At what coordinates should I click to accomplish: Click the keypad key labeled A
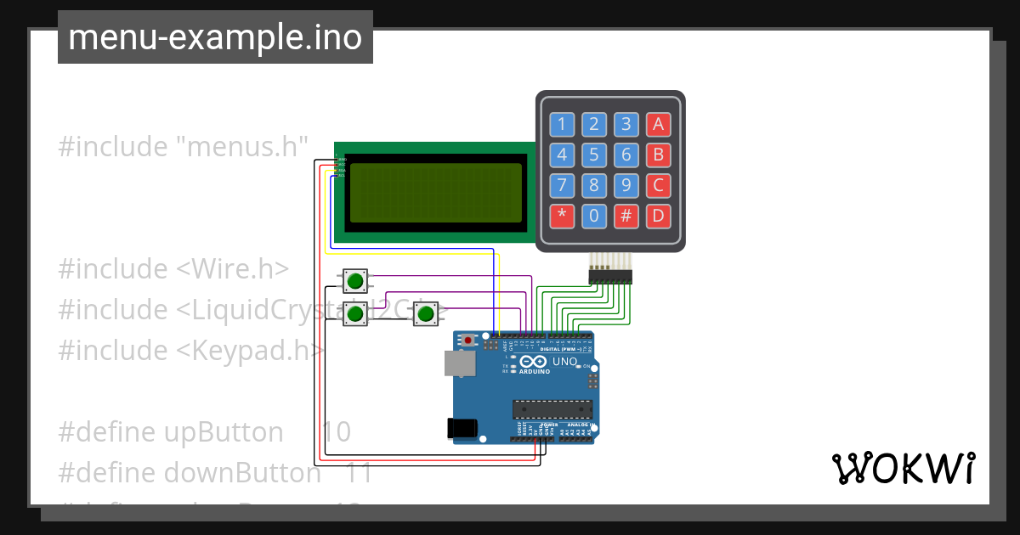click(657, 125)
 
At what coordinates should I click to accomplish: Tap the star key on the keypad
click(561, 216)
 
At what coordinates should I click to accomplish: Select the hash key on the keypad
click(626, 216)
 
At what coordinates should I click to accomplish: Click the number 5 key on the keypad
click(593, 155)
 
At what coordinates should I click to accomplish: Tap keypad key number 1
click(561, 125)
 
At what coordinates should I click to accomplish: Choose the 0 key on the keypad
click(593, 216)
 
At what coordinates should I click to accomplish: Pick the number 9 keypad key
click(626, 185)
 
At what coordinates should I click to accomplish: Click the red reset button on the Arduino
click(467, 341)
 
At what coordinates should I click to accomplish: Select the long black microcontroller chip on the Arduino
click(552, 408)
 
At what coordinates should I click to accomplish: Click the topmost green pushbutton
click(355, 279)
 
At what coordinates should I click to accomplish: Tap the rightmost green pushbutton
click(426, 314)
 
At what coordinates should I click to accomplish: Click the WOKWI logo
click(903, 468)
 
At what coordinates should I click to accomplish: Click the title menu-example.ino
click(215, 37)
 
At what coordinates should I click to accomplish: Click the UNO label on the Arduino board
click(565, 362)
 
